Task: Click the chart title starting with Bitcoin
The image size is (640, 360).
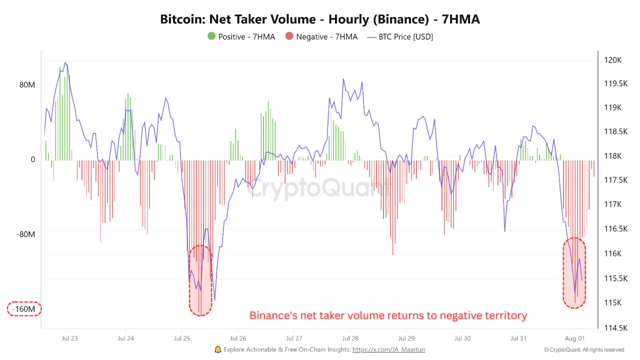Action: pyautogui.click(x=320, y=19)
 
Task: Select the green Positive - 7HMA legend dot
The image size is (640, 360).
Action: pyautogui.click(x=211, y=36)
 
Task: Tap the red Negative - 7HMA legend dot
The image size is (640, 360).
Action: pyautogui.click(x=289, y=36)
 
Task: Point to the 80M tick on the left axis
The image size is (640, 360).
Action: pyautogui.click(x=27, y=84)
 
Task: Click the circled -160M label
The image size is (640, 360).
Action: pyautogui.click(x=24, y=309)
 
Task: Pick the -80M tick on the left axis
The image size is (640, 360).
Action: pyautogui.click(x=25, y=234)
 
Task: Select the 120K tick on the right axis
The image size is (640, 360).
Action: pyautogui.click(x=612, y=60)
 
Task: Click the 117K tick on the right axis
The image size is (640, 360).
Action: pyautogui.click(x=613, y=204)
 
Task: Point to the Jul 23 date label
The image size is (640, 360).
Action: pyautogui.click(x=69, y=338)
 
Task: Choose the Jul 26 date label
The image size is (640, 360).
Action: pyautogui.click(x=237, y=338)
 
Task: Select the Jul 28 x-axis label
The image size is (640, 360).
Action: pyautogui.click(x=350, y=338)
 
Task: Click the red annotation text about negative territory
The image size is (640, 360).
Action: pyautogui.click(x=388, y=315)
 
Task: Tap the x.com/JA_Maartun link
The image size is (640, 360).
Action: pyautogui.click(x=388, y=349)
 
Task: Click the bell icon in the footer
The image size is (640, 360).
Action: pyautogui.click(x=217, y=349)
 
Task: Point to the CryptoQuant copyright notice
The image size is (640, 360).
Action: pyautogui.click(x=584, y=350)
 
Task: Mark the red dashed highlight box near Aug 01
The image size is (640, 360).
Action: pyautogui.click(x=574, y=273)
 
